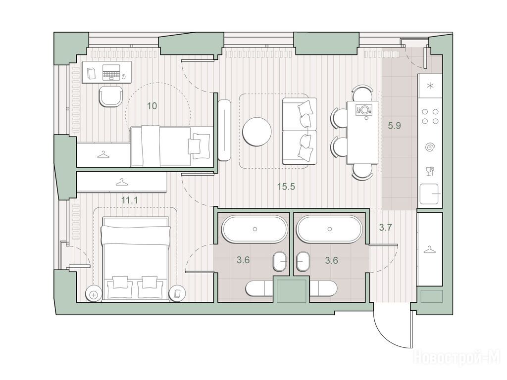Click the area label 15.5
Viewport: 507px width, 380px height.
[x=286, y=187]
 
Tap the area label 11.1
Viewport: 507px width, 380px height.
[x=130, y=200]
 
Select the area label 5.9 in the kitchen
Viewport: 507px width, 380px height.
[x=395, y=125]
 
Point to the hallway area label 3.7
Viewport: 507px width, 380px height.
[x=385, y=228]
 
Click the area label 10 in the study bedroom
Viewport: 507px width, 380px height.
[x=152, y=106]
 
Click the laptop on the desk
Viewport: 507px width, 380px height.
[x=111, y=72]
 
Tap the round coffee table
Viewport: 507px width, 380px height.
[x=257, y=132]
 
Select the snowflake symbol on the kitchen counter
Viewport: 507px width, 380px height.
[x=430, y=86]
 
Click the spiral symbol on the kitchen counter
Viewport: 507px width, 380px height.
[x=430, y=147]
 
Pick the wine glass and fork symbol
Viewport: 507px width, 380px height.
[x=430, y=171]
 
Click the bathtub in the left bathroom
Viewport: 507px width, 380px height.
[x=254, y=229]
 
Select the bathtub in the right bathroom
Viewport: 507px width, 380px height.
[x=329, y=229]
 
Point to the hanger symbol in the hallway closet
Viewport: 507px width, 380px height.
[x=429, y=250]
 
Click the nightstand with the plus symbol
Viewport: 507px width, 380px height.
[x=94, y=294]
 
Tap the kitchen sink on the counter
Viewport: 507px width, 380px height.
[x=429, y=194]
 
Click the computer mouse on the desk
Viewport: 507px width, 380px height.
[x=123, y=77]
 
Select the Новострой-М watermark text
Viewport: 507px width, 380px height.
[x=457, y=358]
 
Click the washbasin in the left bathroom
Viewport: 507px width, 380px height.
[x=280, y=261]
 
